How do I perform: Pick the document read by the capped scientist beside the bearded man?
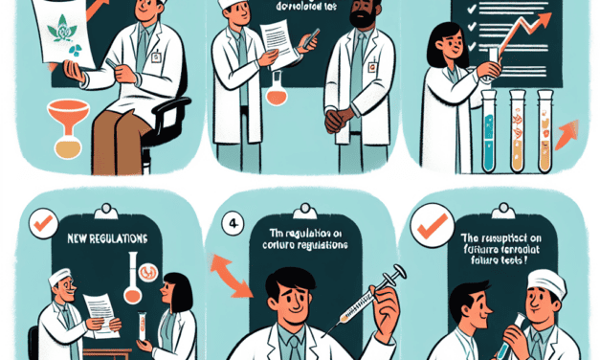coord(278,43)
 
